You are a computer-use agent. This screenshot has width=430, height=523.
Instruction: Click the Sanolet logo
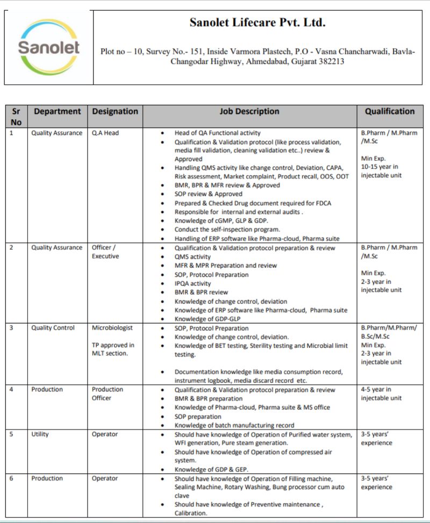click(x=48, y=47)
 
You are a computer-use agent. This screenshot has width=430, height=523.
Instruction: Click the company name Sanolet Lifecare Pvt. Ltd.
click(x=257, y=23)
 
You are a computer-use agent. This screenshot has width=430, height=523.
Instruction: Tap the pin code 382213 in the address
click(x=331, y=62)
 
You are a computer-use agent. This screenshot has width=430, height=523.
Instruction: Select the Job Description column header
click(x=249, y=112)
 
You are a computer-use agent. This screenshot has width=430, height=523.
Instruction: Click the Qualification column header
click(x=390, y=112)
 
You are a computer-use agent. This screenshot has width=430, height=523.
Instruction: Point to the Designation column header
click(x=115, y=112)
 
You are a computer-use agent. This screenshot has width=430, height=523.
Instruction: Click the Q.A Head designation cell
click(x=105, y=133)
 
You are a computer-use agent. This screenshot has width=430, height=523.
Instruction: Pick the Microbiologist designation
click(x=112, y=328)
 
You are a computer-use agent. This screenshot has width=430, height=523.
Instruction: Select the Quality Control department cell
click(x=53, y=328)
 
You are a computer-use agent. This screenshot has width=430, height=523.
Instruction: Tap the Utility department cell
click(x=40, y=434)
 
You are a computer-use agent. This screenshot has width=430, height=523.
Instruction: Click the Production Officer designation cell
click(x=107, y=393)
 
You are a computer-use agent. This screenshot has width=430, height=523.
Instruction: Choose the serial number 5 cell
click(x=12, y=434)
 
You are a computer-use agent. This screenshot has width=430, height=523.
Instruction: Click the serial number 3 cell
click(x=12, y=328)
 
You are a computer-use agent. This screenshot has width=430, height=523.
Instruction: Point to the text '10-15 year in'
click(x=380, y=167)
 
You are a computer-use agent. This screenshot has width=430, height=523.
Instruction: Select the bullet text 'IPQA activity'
click(x=192, y=283)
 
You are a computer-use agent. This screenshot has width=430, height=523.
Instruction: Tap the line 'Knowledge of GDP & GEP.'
click(x=211, y=469)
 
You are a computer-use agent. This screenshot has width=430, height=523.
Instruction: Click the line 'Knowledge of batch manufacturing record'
click(x=234, y=425)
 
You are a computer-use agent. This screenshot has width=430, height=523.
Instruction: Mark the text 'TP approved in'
click(x=113, y=345)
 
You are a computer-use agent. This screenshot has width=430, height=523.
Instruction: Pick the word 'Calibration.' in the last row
click(x=191, y=513)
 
